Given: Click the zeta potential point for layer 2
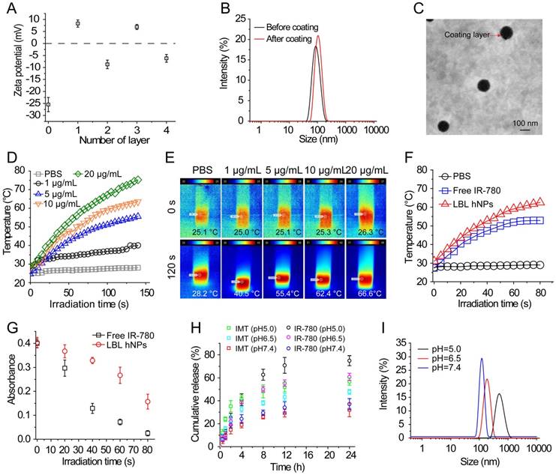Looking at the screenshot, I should coord(107,64).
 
